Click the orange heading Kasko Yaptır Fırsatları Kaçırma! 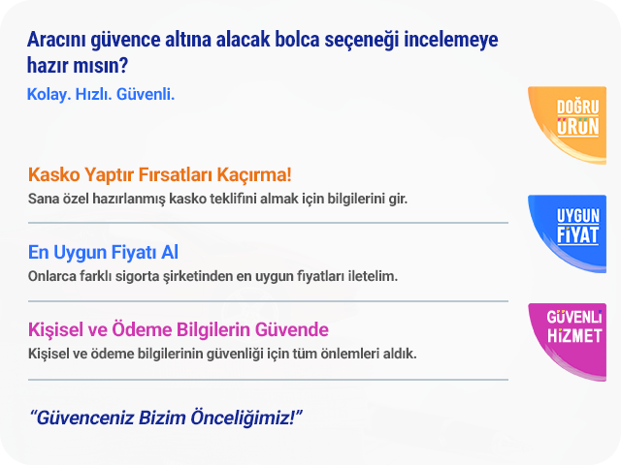159,174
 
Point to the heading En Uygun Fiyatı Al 103,252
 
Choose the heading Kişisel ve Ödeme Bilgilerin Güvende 179,329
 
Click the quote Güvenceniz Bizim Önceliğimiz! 166,418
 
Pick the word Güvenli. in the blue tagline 146,95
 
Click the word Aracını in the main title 56,40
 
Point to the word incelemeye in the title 450,40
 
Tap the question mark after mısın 123,65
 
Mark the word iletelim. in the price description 373,276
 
